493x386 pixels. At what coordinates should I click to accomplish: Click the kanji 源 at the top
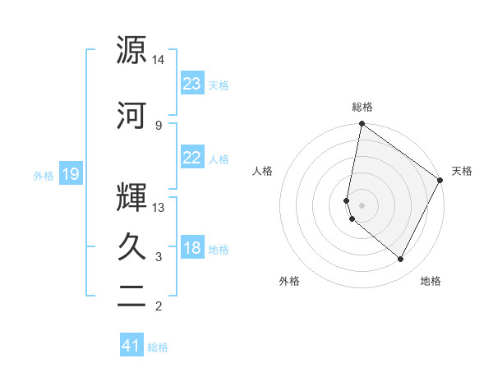point(131,50)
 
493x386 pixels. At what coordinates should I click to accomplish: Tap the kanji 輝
point(131,195)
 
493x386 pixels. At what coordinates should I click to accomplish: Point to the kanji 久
point(131,246)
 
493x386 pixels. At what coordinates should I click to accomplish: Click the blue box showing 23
point(191,84)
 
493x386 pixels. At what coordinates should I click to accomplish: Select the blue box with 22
point(191,159)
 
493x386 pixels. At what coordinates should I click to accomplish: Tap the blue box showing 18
point(191,249)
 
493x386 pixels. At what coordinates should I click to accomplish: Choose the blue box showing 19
point(70,175)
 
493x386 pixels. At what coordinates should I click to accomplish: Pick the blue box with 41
point(131,346)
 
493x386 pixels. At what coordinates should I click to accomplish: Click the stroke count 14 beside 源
point(159,61)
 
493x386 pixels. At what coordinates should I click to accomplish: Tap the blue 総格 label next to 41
point(158,347)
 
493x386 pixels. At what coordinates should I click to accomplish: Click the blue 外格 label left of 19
point(43,176)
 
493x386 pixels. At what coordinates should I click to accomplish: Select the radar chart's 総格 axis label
point(362,107)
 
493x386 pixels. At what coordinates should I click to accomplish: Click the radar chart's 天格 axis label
point(462,171)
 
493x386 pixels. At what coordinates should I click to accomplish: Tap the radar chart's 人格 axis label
point(263,171)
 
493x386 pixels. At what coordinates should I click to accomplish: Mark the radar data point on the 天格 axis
point(440,180)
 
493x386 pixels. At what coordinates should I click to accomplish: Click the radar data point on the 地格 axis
point(401,260)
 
